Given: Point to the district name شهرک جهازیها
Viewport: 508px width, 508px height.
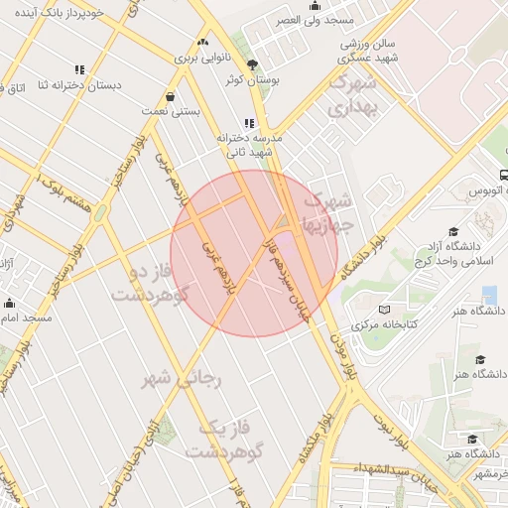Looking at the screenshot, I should click(x=325, y=211).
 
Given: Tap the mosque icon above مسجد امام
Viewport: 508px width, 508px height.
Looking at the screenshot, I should click(x=10, y=304).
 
